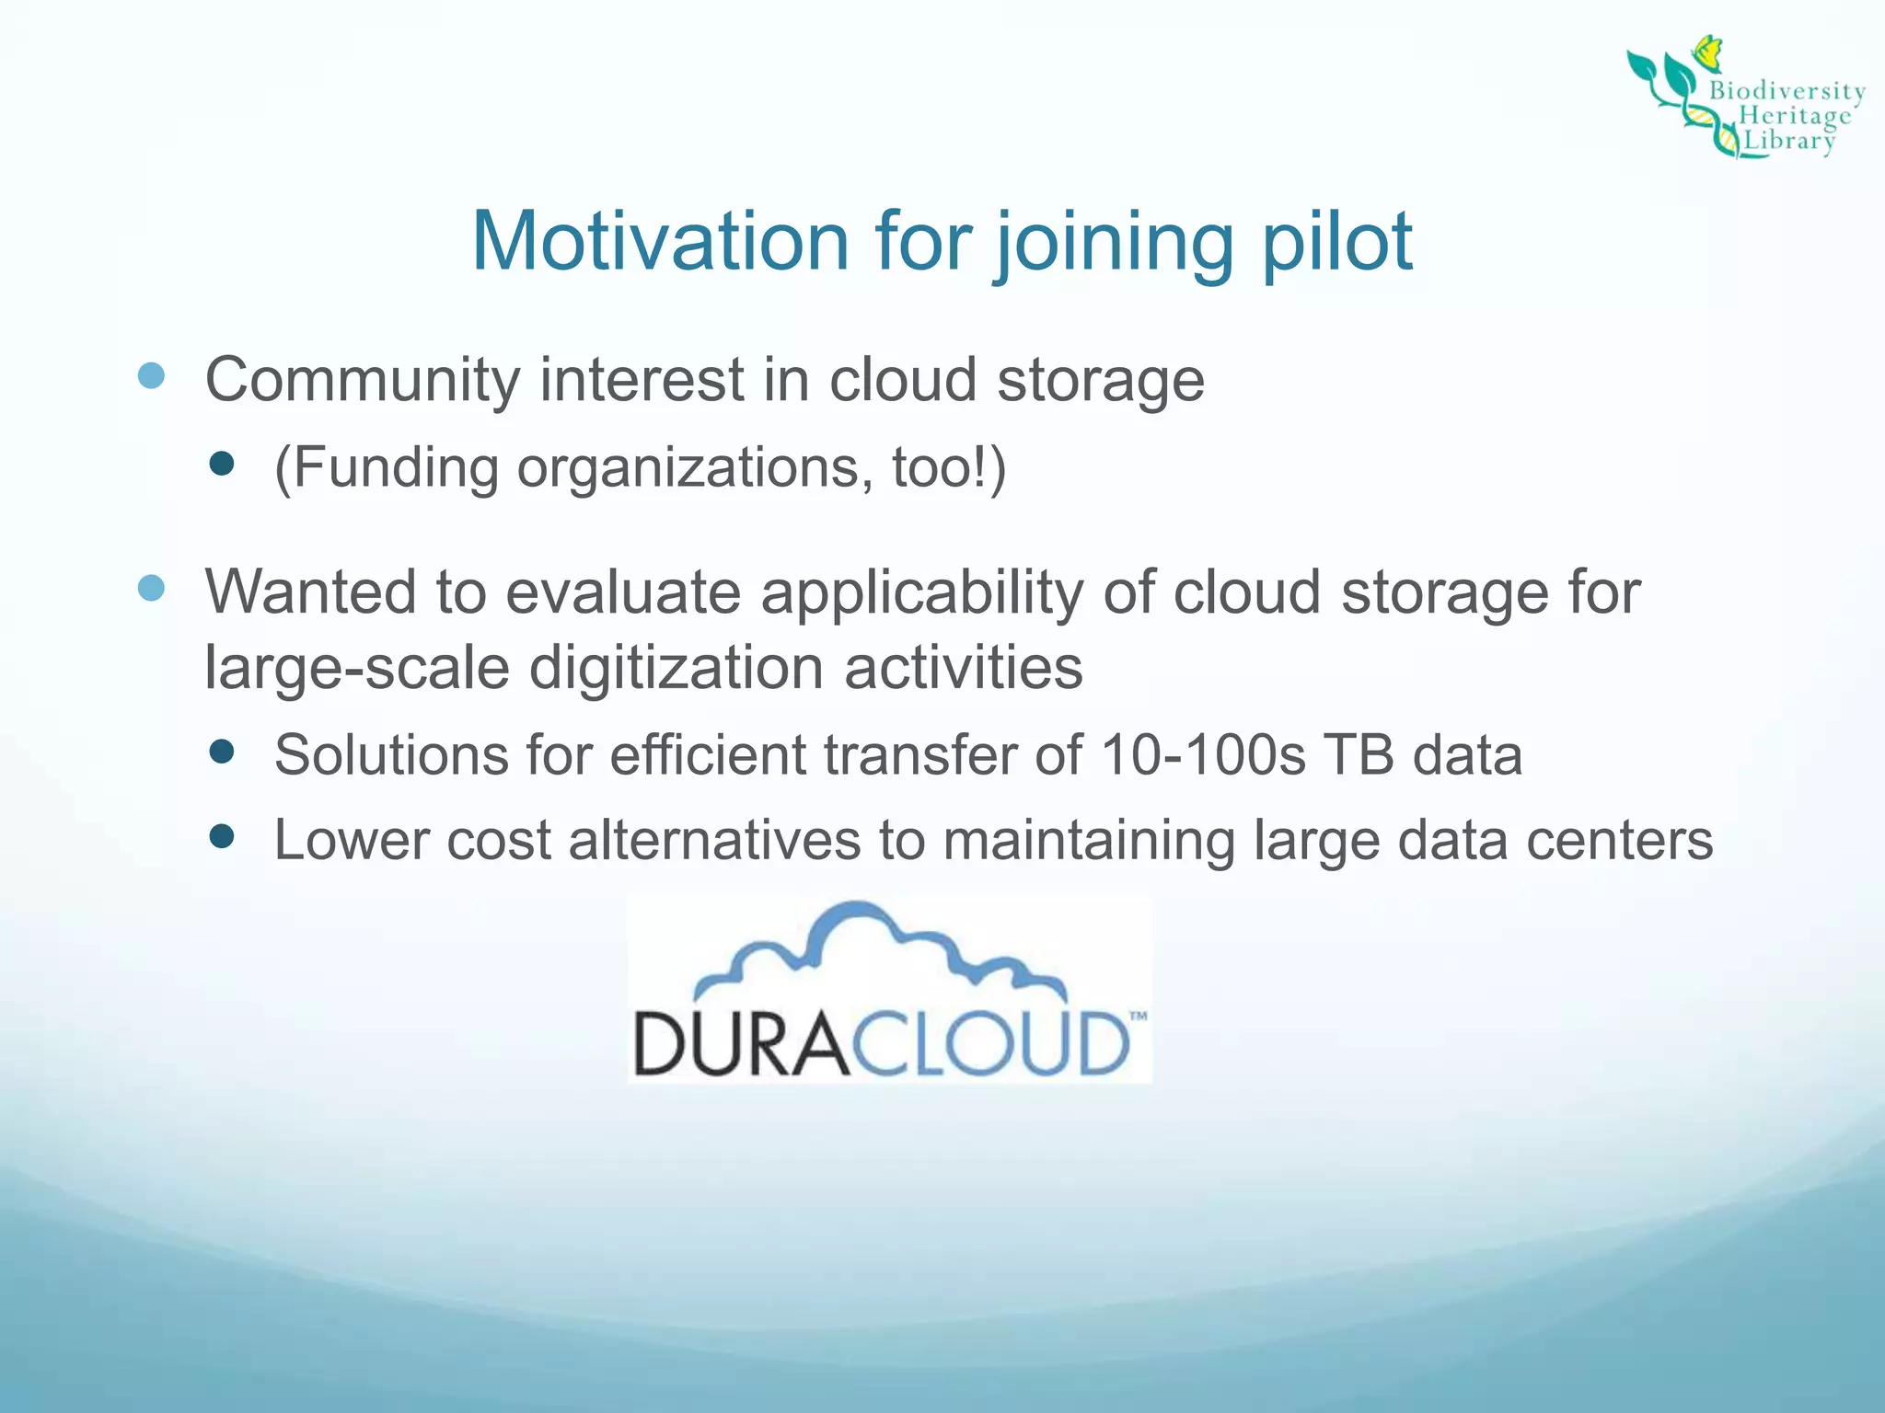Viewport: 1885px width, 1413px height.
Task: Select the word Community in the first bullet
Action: pyautogui.click(x=363, y=381)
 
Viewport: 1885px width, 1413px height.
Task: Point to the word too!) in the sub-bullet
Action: pyautogui.click(x=949, y=467)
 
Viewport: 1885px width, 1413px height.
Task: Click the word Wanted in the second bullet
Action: pyautogui.click(x=309, y=592)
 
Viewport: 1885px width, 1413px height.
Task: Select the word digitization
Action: pyautogui.click(x=677, y=668)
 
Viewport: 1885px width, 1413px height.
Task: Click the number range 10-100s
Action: pyautogui.click(x=1202, y=756)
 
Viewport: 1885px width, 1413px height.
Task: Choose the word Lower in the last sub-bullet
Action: pyautogui.click(x=351, y=841)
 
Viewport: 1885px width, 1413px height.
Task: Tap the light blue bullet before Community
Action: pyautogui.click(x=151, y=375)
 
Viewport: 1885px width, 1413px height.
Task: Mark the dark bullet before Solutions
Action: pyautogui.click(x=222, y=752)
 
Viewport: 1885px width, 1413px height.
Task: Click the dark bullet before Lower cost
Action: pyautogui.click(x=222, y=836)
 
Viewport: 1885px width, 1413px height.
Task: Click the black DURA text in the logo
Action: pyautogui.click(x=740, y=1044)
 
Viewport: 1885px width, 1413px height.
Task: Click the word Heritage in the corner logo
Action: pyautogui.click(x=1794, y=116)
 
